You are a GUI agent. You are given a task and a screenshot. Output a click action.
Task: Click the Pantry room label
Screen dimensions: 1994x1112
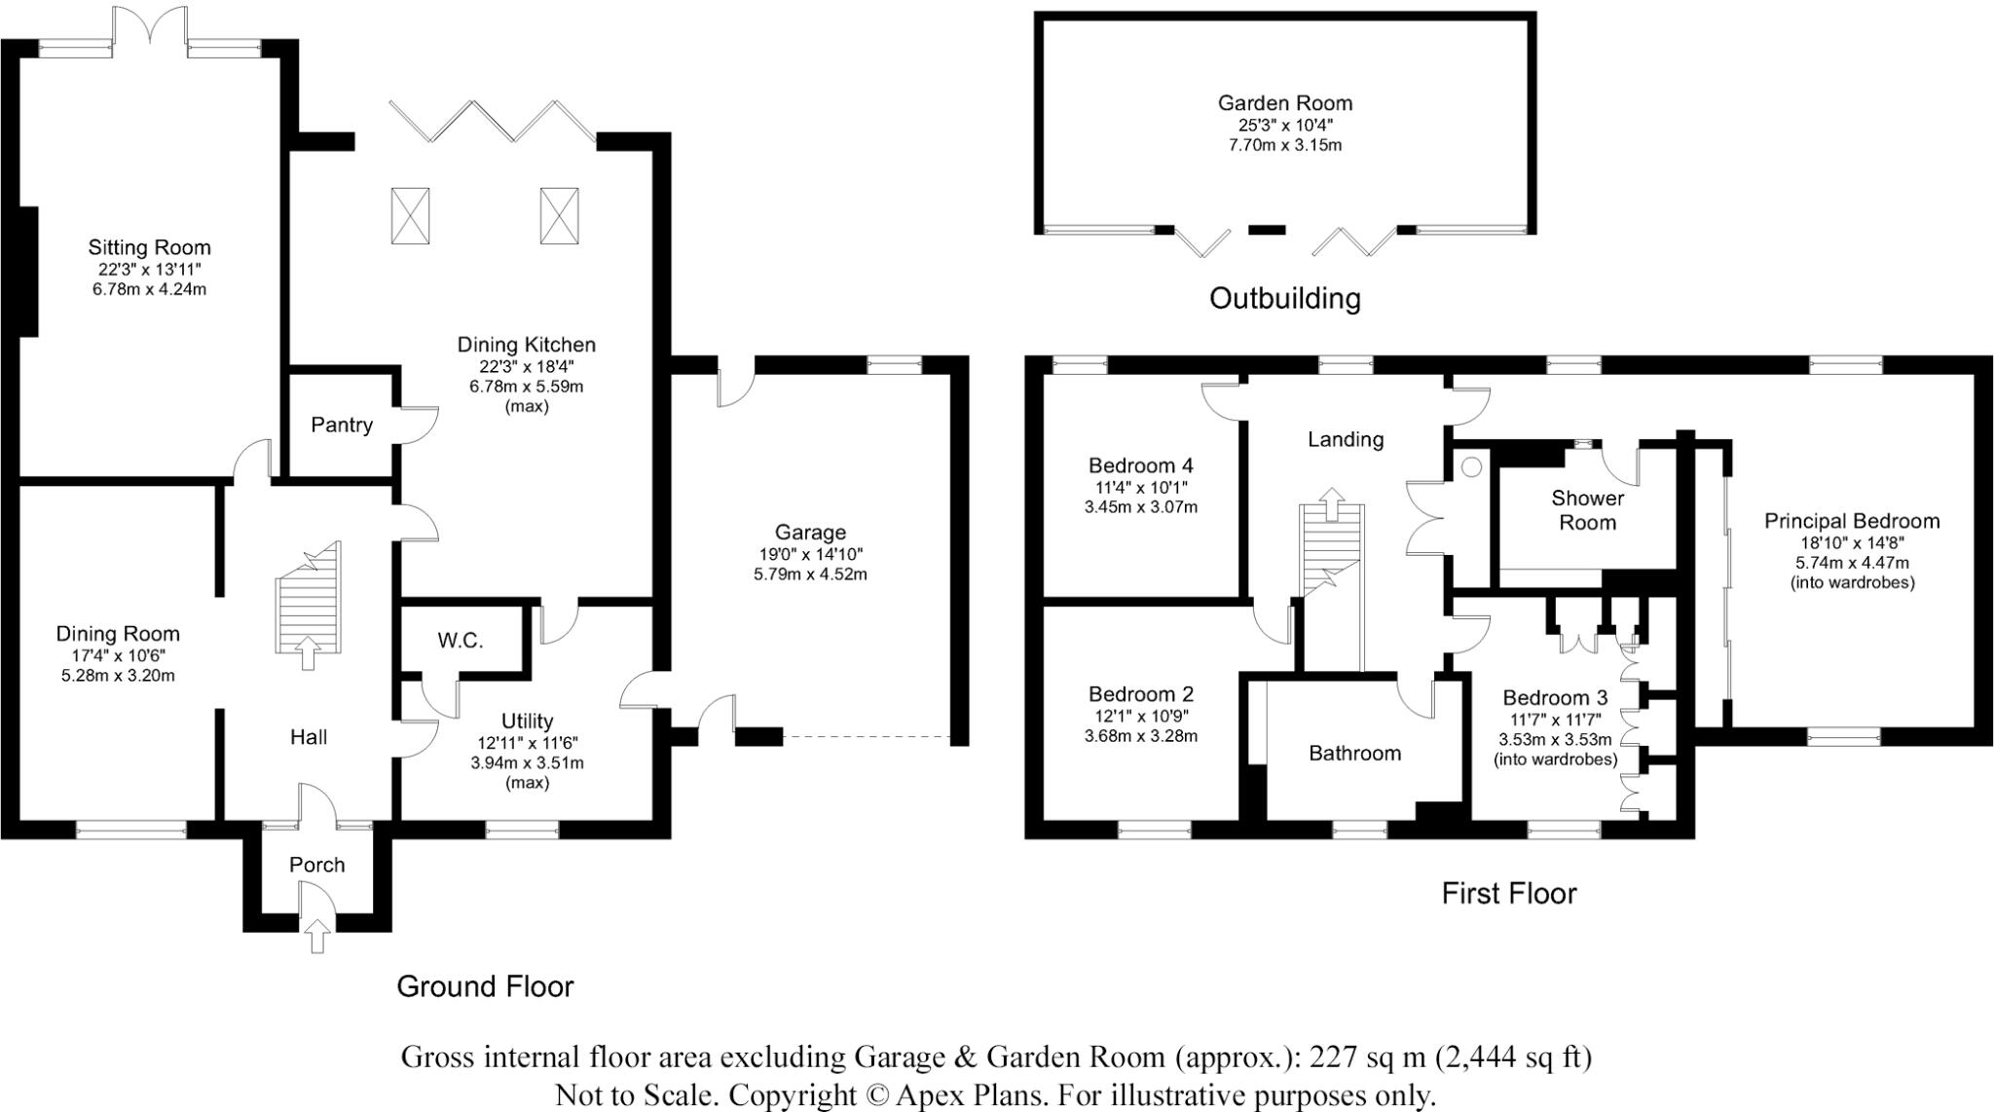coord(342,425)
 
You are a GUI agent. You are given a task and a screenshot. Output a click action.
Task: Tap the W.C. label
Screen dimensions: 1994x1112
coord(460,641)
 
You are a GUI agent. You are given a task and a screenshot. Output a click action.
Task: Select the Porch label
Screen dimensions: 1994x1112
coord(316,865)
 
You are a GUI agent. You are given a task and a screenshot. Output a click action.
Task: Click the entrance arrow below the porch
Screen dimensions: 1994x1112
coord(316,937)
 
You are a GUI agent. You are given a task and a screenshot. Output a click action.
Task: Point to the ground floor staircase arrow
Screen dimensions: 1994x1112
coord(309,653)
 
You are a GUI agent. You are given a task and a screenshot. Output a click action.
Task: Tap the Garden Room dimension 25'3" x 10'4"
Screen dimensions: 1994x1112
coord(1284,125)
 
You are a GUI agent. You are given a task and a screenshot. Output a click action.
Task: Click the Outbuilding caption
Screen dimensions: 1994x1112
coord(1284,298)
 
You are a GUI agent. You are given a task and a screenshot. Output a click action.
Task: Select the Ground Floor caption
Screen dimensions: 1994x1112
coord(485,986)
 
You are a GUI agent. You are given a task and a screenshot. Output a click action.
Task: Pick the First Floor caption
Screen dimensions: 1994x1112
coord(1508,893)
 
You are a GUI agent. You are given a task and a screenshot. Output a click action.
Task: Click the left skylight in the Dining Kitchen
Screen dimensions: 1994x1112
coord(411,215)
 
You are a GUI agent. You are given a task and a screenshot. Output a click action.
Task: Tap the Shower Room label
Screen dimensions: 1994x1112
coord(1587,510)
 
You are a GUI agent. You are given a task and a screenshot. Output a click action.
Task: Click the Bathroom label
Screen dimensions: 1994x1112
coord(1354,753)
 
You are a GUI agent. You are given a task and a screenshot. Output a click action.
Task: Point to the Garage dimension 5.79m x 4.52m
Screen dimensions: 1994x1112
coord(810,575)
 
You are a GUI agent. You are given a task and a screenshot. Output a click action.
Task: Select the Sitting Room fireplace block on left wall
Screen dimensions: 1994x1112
coord(27,272)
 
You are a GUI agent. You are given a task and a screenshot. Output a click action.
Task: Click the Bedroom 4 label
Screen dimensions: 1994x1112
coord(1140,465)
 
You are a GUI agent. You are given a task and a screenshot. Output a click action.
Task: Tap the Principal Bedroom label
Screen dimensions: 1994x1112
coord(1851,521)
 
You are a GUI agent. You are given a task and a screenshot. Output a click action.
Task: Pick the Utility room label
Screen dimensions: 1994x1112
coord(527,721)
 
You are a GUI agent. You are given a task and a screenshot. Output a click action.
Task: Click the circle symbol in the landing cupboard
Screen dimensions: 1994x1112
coord(1471,467)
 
